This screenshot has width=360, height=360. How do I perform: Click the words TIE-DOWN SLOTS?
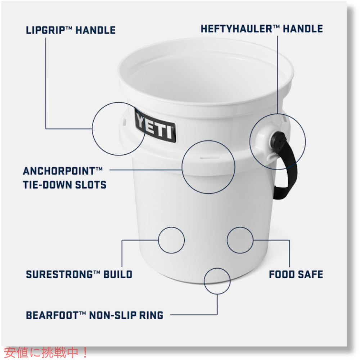[64, 185]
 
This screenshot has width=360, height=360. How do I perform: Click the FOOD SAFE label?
[296, 274]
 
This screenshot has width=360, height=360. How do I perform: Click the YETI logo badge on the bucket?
[155, 126]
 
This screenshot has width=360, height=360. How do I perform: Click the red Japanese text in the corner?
[46, 352]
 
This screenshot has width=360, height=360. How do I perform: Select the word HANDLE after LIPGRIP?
[95, 30]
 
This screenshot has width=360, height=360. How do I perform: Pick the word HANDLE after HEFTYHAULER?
[303, 29]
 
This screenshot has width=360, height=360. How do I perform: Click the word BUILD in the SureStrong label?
[118, 274]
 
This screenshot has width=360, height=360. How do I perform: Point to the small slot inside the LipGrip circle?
[125, 122]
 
